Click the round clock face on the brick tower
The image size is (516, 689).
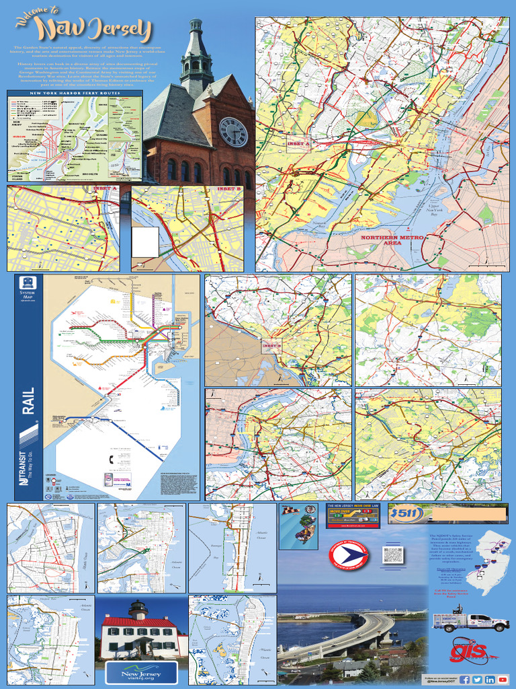tap(233, 132)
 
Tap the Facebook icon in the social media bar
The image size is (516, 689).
tap(465, 680)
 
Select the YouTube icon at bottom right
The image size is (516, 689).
tap(503, 680)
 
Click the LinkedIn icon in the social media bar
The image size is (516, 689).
tap(490, 680)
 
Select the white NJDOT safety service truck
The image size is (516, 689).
tap(470, 620)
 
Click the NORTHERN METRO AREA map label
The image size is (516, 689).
tap(391, 240)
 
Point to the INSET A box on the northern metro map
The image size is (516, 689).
tap(299, 144)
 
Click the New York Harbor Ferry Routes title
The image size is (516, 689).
tap(75, 93)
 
